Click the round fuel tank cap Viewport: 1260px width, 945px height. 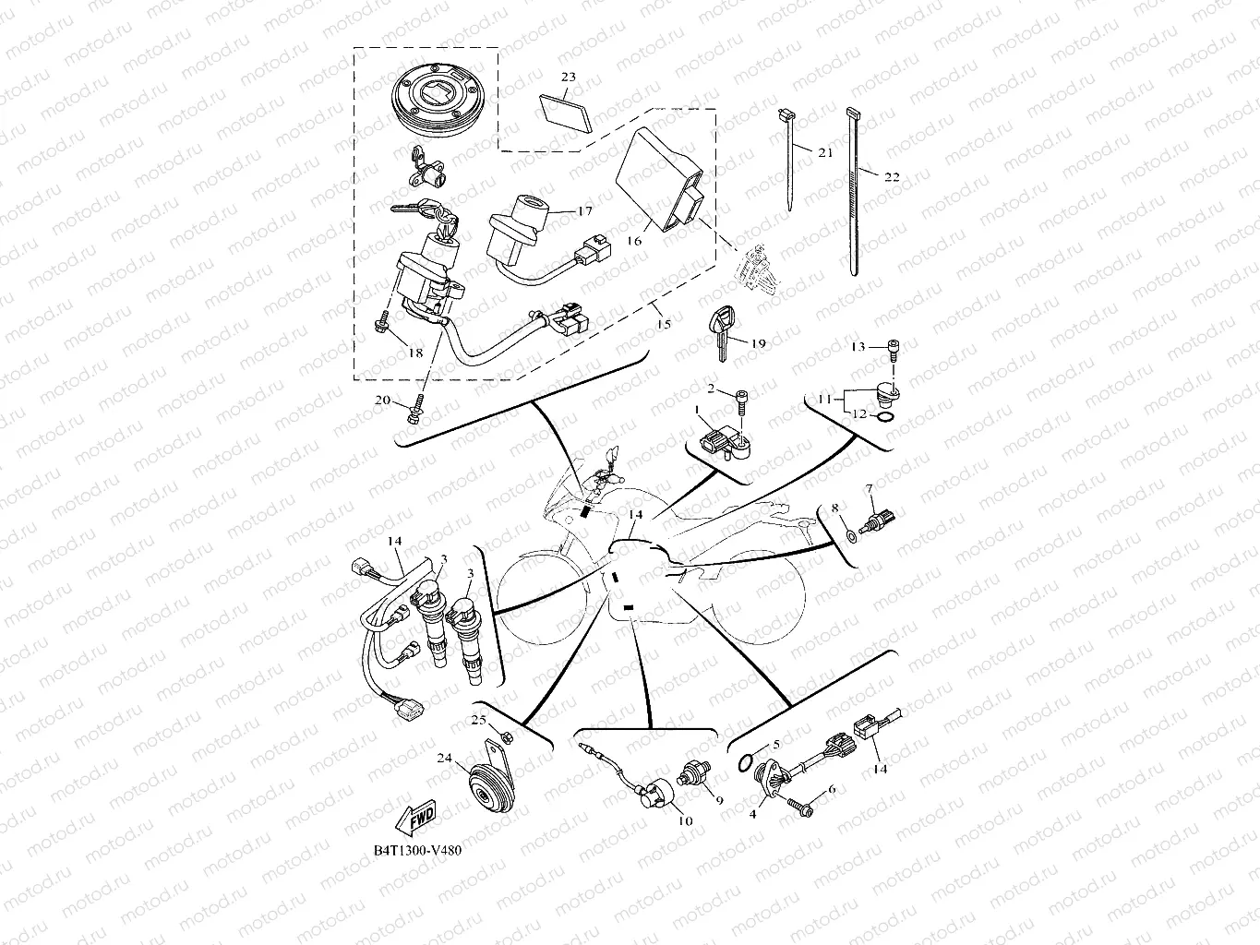click(x=438, y=101)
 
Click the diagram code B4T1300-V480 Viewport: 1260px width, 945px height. click(x=417, y=850)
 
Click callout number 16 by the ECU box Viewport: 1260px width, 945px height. click(x=634, y=241)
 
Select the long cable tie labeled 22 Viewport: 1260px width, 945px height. click(x=854, y=191)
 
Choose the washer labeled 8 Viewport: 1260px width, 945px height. click(x=852, y=536)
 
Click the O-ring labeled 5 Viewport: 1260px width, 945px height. click(x=745, y=764)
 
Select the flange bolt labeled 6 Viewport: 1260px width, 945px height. click(x=799, y=807)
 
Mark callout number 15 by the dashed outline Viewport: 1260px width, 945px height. click(x=663, y=324)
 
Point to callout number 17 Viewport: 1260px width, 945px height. click(x=585, y=211)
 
